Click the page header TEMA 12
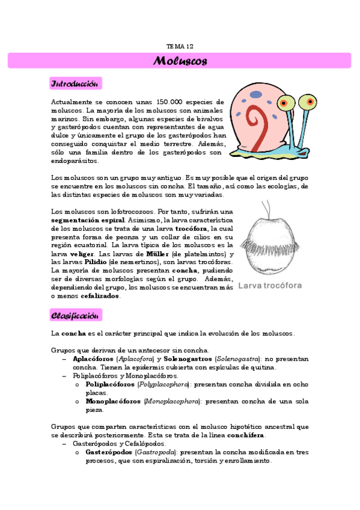pos(180,46)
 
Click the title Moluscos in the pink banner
pos(180,61)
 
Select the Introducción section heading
pos(76,83)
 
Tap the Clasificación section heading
pos(76,315)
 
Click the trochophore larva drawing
pos(269,241)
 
